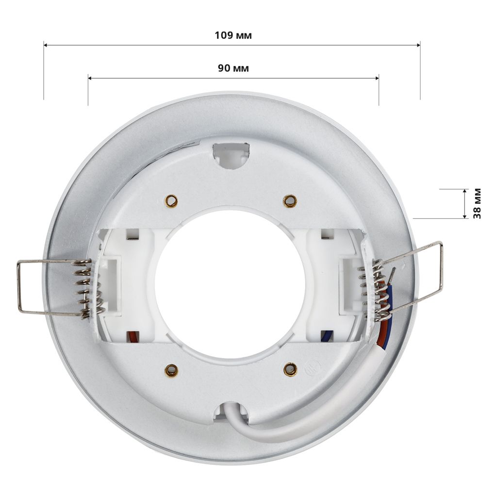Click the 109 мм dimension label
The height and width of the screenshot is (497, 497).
coord(233,35)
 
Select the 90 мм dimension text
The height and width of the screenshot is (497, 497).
coord(233,68)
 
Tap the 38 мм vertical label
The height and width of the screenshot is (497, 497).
coord(477,203)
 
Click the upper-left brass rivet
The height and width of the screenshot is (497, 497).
coord(171,200)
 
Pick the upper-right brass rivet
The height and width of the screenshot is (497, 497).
coord(290,200)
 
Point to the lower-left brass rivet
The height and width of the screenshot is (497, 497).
coord(171,370)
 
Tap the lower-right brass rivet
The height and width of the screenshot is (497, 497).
coord(290,369)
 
